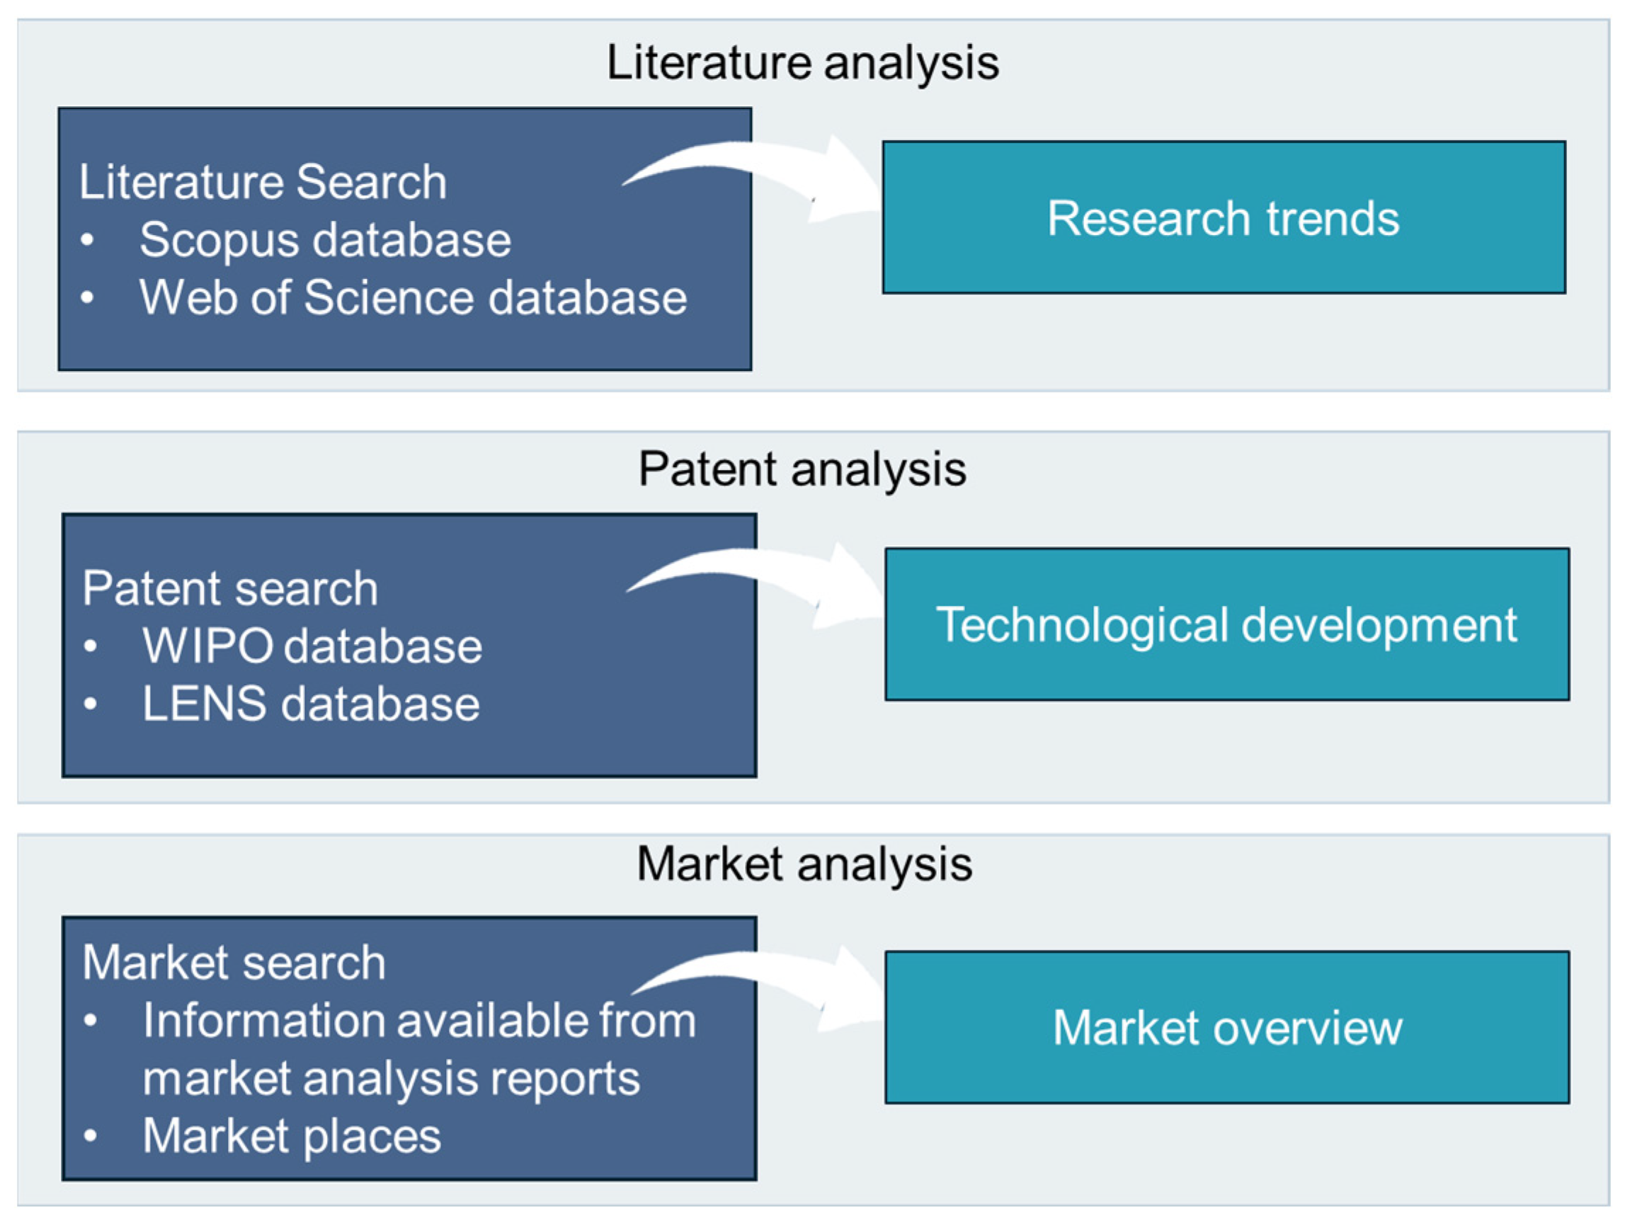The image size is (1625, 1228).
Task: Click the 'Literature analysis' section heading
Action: pos(802,62)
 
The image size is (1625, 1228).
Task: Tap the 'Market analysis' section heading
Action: pos(804,863)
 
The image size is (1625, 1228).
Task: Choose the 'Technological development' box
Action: pos(1227,624)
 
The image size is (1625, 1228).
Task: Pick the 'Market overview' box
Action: pos(1227,1027)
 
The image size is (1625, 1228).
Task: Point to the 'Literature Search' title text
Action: pos(263,182)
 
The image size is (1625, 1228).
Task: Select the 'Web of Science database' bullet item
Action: pos(413,297)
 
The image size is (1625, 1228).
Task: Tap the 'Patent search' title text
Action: pos(230,588)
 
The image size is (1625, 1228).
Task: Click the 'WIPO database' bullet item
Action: pos(312,646)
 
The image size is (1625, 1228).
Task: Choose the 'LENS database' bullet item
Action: pos(311,704)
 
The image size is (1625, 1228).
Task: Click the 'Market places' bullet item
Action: pos(292,1135)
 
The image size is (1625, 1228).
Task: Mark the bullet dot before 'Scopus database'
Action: pos(87,240)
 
